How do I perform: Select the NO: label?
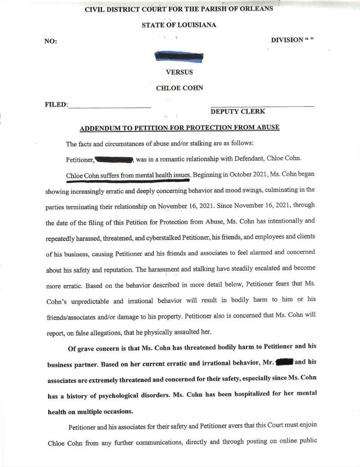click(51, 41)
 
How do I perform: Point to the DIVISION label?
click(287, 40)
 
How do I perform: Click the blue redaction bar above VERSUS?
click(179, 57)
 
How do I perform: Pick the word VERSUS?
click(180, 72)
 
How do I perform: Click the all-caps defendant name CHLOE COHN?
click(180, 88)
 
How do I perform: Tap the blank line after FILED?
click(109, 106)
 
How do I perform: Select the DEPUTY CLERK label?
click(237, 112)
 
